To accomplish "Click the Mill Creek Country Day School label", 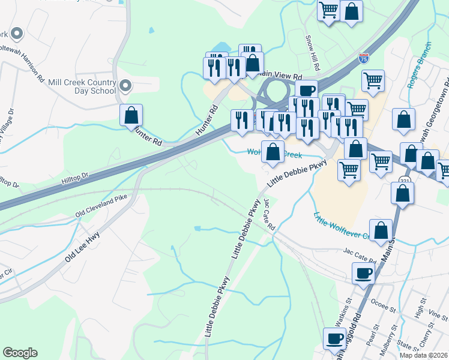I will [x=82, y=86].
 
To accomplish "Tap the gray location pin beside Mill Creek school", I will [x=125, y=86].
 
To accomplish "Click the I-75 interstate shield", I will [x=364, y=58].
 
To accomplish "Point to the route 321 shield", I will [x=403, y=179].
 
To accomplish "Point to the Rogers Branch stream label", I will [x=420, y=65].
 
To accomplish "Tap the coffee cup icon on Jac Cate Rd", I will [x=363, y=274].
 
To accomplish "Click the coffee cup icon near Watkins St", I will [x=334, y=338].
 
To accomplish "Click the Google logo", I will [x=20, y=353].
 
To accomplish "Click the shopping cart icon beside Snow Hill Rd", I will [x=328, y=11].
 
